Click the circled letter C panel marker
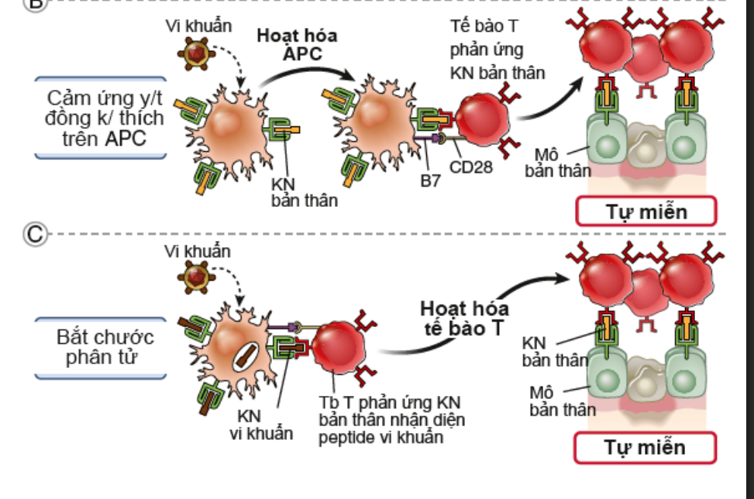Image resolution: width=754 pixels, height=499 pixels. click(x=35, y=234)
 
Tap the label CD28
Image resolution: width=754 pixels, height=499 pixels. click(x=471, y=167)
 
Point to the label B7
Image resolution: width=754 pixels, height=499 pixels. click(x=430, y=181)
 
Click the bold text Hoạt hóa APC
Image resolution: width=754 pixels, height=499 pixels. click(x=298, y=45)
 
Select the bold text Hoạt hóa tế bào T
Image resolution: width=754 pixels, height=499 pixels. click(x=464, y=318)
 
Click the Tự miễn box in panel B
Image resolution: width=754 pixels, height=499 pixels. click(x=646, y=211)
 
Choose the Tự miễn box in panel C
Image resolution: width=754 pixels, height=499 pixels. click(x=646, y=448)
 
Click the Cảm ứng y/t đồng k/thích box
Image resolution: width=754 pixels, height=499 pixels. click(x=101, y=118)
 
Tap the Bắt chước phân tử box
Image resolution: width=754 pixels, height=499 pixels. click(x=101, y=348)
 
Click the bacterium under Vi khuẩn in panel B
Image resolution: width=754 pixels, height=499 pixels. click(x=196, y=53)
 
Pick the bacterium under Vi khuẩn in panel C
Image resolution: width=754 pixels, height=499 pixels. click(x=196, y=278)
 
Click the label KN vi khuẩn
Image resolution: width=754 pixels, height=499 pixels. click(x=260, y=425)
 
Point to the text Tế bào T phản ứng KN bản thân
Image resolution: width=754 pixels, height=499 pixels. click(x=498, y=50)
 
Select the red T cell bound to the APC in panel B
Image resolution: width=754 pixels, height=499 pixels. click(x=482, y=119)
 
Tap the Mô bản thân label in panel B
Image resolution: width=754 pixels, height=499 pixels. click(x=557, y=163)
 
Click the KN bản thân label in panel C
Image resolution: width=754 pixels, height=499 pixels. click(x=554, y=352)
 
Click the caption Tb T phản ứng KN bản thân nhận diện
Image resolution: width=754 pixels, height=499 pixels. click(x=391, y=411)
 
